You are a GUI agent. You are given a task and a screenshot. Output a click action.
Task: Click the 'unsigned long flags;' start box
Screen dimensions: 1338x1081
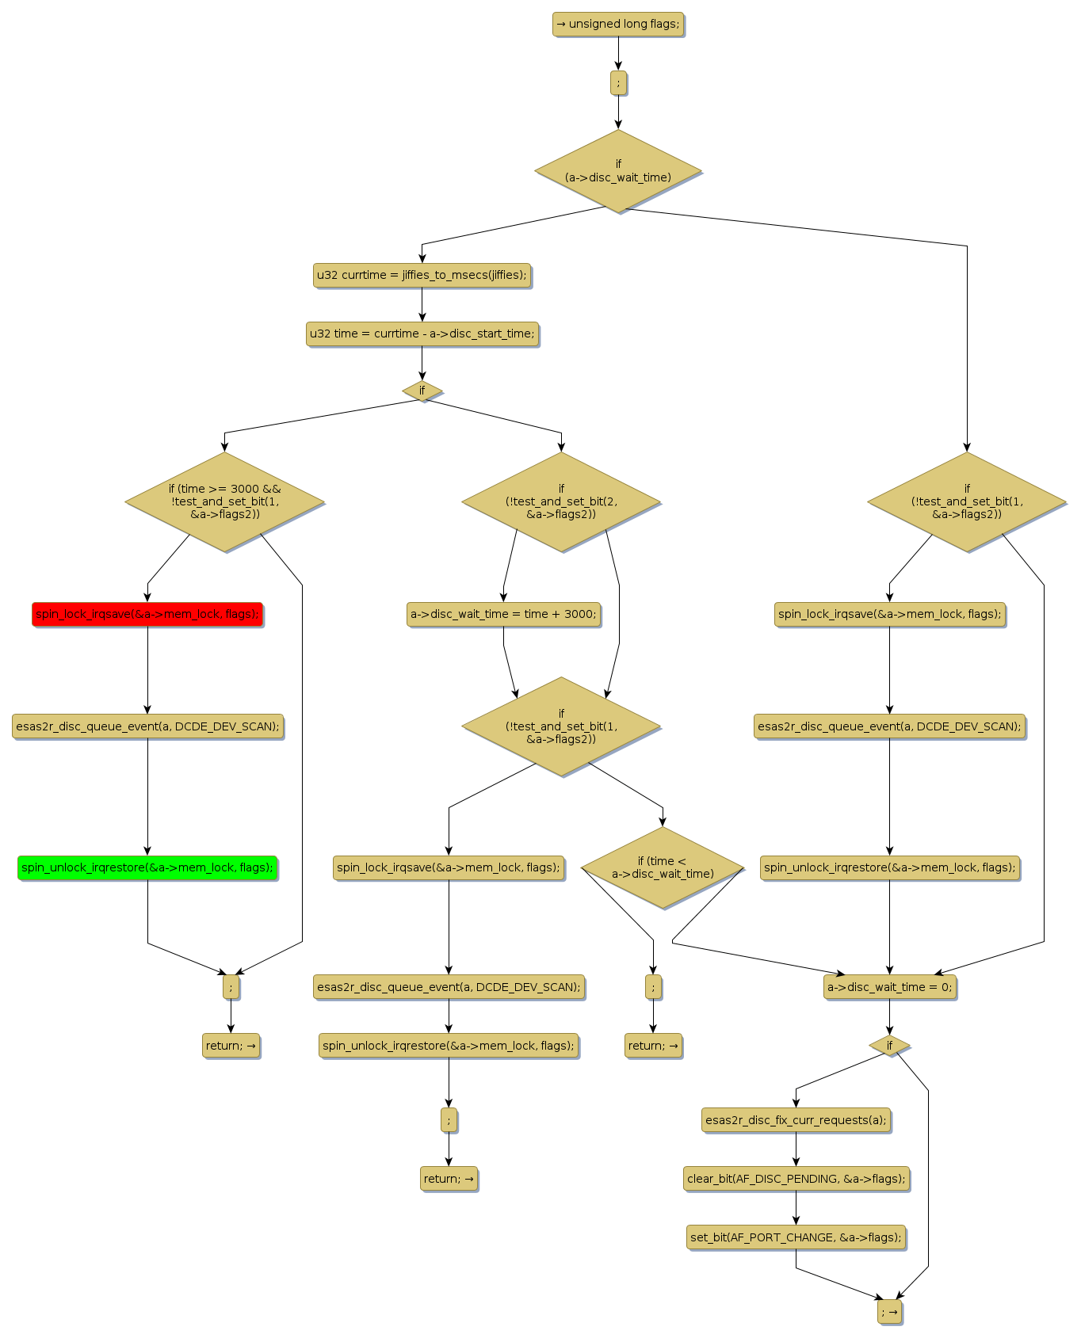click(x=617, y=25)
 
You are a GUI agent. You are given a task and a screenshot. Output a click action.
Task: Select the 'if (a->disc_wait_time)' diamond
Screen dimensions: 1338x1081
click(x=618, y=171)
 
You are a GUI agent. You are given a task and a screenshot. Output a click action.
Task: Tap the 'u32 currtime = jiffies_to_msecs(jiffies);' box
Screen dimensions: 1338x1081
click(x=422, y=276)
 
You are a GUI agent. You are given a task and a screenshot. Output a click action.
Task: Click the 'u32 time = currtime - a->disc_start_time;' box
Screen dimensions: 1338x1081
click(x=422, y=334)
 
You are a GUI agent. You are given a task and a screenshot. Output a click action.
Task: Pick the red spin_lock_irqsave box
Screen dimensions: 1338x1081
click(x=147, y=614)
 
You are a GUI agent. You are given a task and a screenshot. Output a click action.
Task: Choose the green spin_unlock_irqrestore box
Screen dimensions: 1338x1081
click(x=147, y=867)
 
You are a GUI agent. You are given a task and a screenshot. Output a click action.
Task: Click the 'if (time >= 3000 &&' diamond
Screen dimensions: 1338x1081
click(x=225, y=501)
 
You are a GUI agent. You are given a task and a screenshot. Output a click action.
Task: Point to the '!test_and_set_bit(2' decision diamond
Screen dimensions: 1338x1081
click(x=561, y=501)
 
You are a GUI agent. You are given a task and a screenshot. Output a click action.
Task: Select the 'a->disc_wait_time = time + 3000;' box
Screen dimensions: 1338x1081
click(x=503, y=614)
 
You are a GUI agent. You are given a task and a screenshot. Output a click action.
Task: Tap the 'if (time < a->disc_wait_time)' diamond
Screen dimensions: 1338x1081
click(x=663, y=867)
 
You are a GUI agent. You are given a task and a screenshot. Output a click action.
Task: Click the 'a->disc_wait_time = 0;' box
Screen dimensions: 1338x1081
click(x=889, y=987)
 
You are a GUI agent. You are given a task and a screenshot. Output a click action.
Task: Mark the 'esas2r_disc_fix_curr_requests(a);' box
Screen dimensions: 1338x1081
click(x=796, y=1120)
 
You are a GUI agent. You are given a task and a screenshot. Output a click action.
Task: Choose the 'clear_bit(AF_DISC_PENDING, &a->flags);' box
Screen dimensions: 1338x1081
click(x=796, y=1179)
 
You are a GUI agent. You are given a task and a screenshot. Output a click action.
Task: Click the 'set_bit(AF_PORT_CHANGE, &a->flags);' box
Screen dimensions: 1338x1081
click(x=796, y=1237)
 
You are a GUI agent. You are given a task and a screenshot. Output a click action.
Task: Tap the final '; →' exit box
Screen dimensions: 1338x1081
click(x=889, y=1312)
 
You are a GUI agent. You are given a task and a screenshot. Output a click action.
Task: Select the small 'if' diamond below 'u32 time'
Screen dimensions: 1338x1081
click(x=422, y=391)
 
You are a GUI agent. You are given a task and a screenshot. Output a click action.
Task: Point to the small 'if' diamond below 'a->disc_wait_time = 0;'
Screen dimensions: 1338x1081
click(x=889, y=1046)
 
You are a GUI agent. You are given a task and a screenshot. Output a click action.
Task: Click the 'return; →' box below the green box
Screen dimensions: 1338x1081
click(x=231, y=1046)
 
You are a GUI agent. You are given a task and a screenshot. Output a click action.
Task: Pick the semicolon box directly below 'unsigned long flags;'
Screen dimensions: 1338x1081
click(x=618, y=82)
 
